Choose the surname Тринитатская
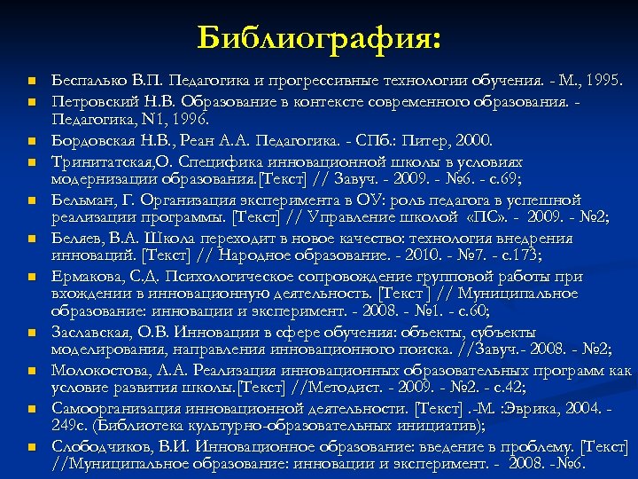pos(103,162)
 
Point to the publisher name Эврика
pos(509,408)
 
